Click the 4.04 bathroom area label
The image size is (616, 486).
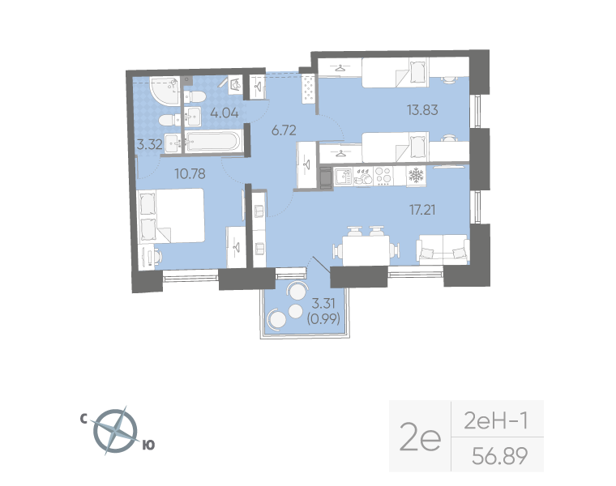224,113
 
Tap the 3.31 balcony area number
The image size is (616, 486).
324,305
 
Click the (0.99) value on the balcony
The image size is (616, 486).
324,318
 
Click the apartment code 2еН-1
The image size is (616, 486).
496,421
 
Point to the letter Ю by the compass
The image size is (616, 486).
148,445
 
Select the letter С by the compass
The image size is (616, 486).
84,419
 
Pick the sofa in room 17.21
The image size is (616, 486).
443,249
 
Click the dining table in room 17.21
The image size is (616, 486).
362,246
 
